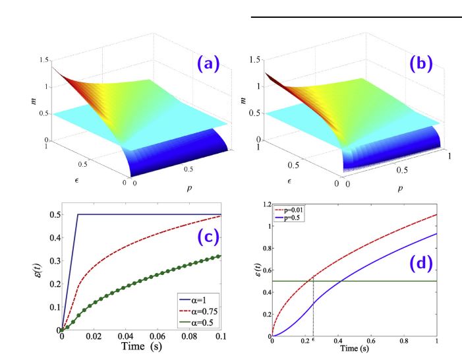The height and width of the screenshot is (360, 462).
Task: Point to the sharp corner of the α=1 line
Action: click(x=78, y=214)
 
